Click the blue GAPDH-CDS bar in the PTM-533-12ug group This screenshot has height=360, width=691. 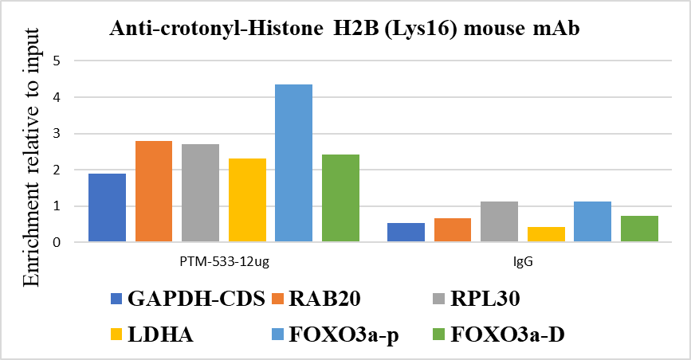click(107, 208)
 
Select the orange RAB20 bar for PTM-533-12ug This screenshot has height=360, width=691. click(154, 191)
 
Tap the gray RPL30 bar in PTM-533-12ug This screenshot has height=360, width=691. click(200, 193)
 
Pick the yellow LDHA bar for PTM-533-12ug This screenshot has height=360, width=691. click(247, 200)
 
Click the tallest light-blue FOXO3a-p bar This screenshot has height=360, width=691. click(293, 163)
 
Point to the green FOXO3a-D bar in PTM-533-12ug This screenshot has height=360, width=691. click(340, 198)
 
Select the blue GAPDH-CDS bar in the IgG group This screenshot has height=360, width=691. click(406, 233)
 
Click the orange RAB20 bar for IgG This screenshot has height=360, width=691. click(453, 230)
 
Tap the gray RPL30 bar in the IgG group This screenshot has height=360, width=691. click(499, 222)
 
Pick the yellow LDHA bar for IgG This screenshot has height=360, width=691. click(546, 234)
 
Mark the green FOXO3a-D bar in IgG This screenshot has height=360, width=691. click(639, 229)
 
